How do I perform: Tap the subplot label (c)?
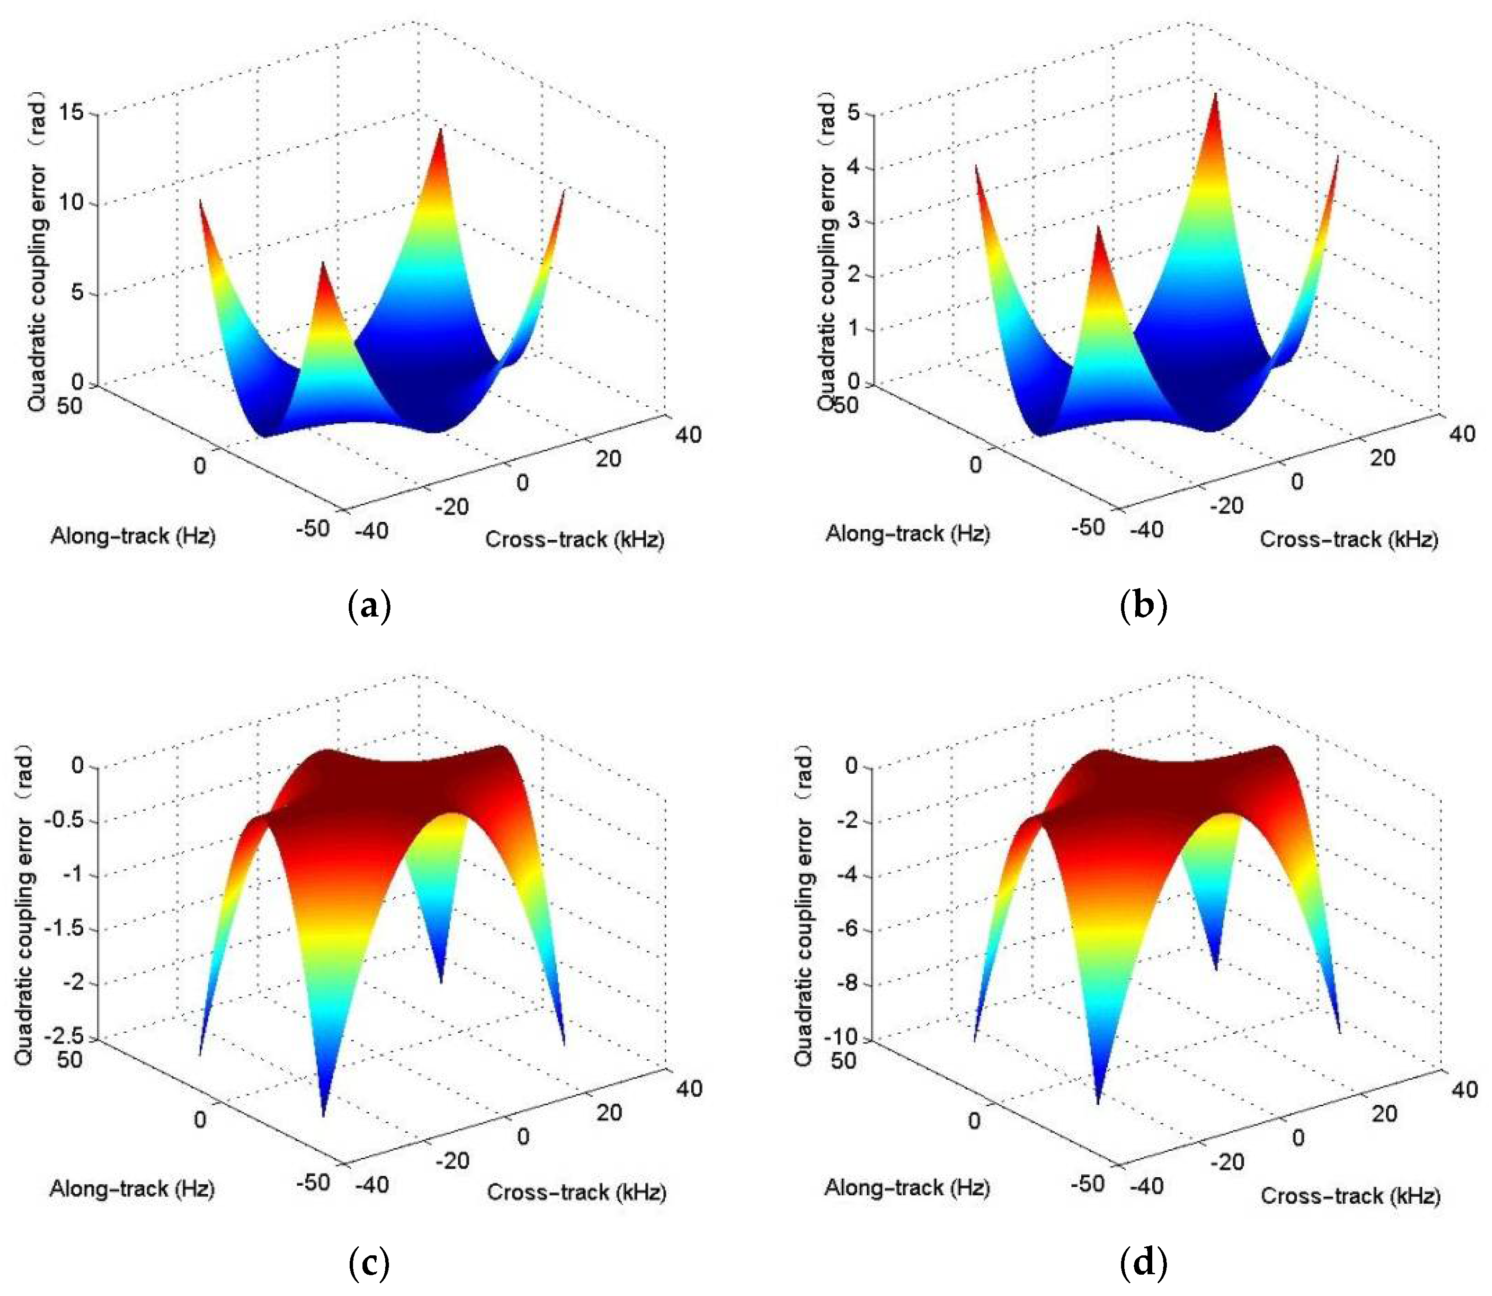370,1263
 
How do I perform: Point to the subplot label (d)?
1143,1263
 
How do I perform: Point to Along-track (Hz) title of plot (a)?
133,536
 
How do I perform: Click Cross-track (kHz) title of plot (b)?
1349,539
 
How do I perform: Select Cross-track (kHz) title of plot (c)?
576,1192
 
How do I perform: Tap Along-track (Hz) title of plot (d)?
907,1188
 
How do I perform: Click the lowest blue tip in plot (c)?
323,1114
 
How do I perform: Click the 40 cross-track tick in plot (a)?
688,435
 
